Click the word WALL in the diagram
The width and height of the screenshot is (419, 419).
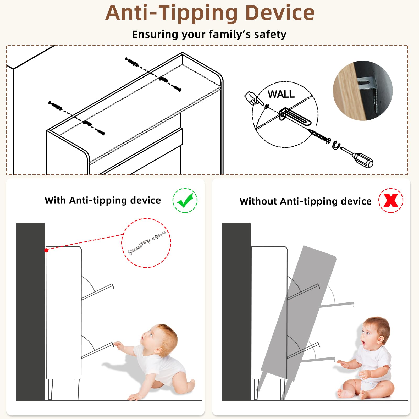[281, 94]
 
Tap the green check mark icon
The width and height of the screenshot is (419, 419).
[185, 200]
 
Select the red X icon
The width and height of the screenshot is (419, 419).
[391, 200]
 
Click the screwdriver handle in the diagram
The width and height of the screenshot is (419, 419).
[363, 160]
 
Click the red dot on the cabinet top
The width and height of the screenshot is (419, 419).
[46, 250]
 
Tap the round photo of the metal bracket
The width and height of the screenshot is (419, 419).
[363, 91]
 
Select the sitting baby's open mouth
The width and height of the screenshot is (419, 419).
[363, 343]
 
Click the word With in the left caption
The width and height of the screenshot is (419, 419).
[55, 200]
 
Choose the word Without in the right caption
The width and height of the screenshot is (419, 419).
[258, 201]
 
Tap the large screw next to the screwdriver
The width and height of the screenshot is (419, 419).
[319, 136]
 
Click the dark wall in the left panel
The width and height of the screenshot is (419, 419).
[30, 312]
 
